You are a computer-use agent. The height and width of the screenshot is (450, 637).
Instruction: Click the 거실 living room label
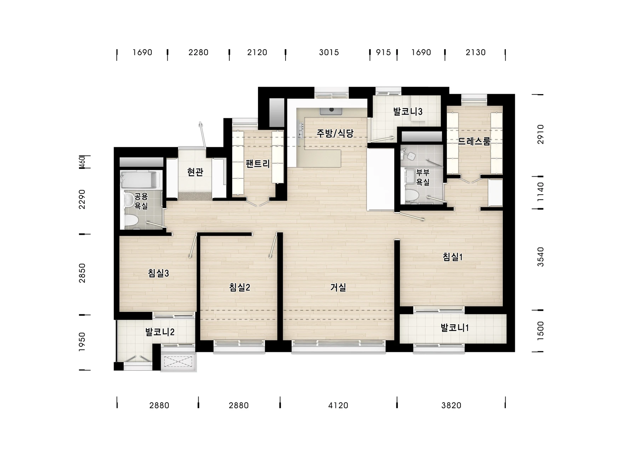pos(338,287)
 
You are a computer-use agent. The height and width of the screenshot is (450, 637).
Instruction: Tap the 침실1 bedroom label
pos(453,257)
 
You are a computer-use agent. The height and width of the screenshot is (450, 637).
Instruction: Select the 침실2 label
pos(240,287)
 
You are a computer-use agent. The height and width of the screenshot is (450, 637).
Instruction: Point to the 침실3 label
pos(158,273)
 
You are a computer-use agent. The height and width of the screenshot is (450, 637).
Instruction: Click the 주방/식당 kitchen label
pos(335,133)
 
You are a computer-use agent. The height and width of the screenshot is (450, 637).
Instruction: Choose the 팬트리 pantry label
pos(258,164)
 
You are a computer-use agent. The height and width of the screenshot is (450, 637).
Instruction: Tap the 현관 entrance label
pos(195,172)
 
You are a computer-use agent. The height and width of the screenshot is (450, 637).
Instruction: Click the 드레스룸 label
pos(474,141)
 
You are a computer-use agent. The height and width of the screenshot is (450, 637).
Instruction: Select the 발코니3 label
pos(408,112)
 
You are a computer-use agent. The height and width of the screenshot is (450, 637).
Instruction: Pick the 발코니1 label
pos(455,328)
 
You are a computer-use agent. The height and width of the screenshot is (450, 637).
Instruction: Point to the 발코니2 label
pos(160,332)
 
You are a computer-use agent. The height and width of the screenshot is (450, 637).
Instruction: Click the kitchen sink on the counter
pos(331,111)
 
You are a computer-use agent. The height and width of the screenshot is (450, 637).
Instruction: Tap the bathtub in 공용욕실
pos(139,180)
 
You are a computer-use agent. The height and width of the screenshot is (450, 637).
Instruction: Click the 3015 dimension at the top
pos(329,52)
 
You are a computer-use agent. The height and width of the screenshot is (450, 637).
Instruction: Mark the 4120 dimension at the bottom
pos(338,405)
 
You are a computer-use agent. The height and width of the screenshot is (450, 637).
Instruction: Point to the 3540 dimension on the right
pos(540,257)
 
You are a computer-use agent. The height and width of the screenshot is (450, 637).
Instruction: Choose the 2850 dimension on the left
pos(82,273)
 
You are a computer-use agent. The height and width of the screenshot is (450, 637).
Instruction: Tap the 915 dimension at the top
pos(383,52)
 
